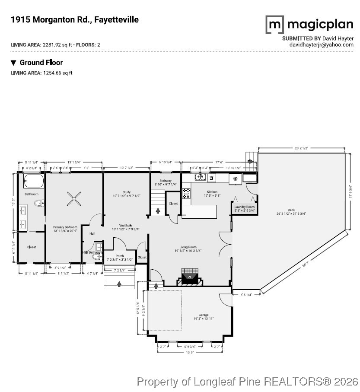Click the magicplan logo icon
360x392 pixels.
[x=274, y=25]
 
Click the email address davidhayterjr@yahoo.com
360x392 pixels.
[x=322, y=45]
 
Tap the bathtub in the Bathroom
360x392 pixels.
[x=33, y=180]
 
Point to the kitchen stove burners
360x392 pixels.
[x=186, y=193]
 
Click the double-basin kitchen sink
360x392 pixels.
[x=200, y=177]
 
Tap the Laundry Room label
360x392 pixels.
[x=245, y=207]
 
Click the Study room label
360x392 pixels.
[x=126, y=192]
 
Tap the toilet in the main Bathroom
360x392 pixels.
[x=38, y=203]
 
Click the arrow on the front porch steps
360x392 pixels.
[x=120, y=284]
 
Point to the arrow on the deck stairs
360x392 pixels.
[x=251, y=162]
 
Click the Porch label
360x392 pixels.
[x=120, y=256]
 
